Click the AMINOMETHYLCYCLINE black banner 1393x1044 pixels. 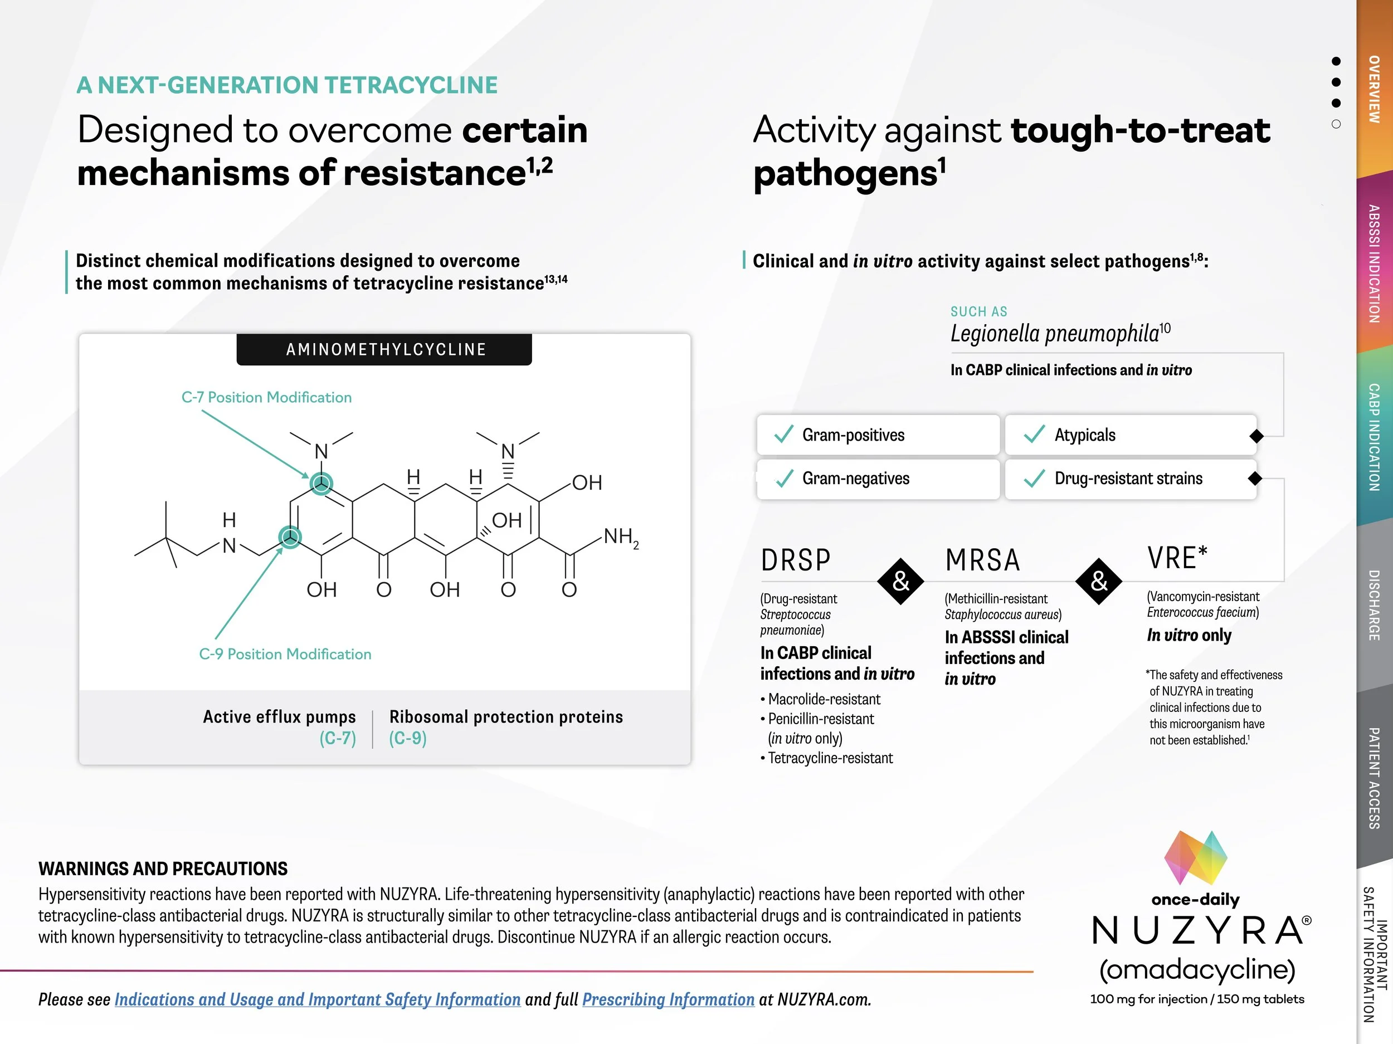tap(384, 349)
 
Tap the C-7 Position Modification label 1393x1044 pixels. tap(266, 397)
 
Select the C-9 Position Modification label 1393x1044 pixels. tap(285, 654)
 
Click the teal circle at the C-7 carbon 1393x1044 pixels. tap(322, 484)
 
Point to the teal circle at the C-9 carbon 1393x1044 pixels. tap(290, 537)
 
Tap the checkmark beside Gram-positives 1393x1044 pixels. tap(783, 434)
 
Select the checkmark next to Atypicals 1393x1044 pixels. tap(1035, 434)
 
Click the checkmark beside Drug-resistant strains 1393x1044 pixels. tap(1035, 479)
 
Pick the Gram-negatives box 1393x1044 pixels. tap(878, 479)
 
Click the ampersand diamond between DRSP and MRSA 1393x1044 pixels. tap(901, 581)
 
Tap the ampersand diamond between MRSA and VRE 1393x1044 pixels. tap(1099, 581)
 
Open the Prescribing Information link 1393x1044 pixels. tap(668, 999)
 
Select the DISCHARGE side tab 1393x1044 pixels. tap(1375, 605)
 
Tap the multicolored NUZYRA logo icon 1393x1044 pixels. tap(1196, 857)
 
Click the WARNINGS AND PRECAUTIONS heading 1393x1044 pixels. tap(163, 869)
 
